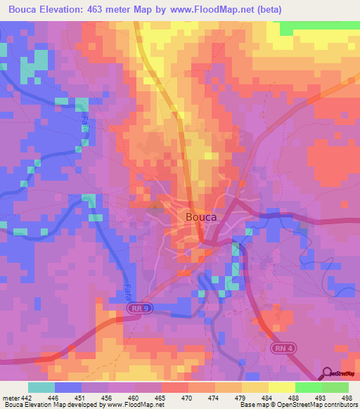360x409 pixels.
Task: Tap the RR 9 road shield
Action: pos(139,308)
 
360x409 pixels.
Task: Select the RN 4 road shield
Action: pos(283,349)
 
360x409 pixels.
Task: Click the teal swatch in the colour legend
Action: pos(41,387)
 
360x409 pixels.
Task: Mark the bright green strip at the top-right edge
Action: pos(319,27)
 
